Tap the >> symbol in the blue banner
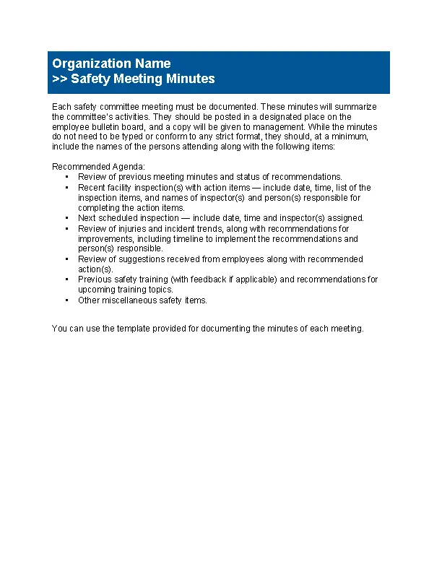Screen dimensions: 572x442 60,79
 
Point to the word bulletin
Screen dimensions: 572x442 108,126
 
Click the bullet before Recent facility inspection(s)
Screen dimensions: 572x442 66,188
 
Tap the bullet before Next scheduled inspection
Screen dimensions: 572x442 66,218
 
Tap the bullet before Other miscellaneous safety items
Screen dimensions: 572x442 66,300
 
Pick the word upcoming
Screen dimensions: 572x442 95,289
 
